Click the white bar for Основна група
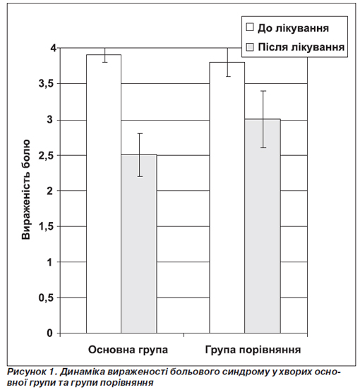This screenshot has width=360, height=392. pos(104,194)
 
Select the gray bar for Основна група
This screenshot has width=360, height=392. pos(139,244)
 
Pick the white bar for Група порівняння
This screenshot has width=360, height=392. pos(227,197)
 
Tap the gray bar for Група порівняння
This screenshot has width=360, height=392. pos(263,226)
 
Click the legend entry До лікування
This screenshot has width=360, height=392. pos(287,28)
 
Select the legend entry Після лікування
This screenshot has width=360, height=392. pos(295,47)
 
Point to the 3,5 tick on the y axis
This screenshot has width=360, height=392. pos(46,84)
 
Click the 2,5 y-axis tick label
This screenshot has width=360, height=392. pos(46,156)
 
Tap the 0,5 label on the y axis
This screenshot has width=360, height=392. pos(46,298)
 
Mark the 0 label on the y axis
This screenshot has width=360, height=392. pos(50,333)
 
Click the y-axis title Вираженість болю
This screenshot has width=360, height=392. pos(26,190)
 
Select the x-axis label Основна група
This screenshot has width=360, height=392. pos(128,350)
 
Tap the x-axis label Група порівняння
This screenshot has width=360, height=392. pos(253,350)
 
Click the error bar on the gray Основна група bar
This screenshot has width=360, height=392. pos(140,155)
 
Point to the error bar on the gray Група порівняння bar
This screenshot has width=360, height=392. pos(263,119)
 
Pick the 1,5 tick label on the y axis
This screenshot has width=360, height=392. pos(46,227)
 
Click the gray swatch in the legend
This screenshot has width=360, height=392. pos(250,47)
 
